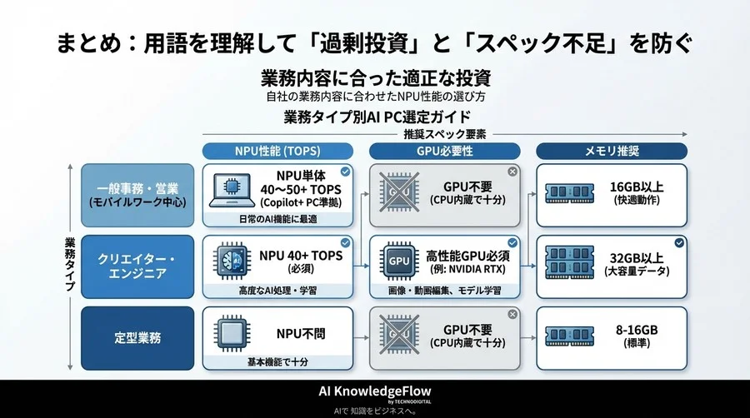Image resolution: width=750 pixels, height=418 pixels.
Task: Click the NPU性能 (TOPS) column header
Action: pyautogui.click(x=276, y=151)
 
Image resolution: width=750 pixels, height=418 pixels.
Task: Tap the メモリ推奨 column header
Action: pyautogui.click(x=611, y=151)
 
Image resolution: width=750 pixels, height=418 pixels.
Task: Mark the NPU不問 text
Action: pyautogui.click(x=301, y=333)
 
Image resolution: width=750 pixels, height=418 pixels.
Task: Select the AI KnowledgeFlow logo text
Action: pyautogui.click(x=374, y=391)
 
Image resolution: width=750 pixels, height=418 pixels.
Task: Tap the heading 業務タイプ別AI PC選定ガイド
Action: pyautogui.click(x=377, y=116)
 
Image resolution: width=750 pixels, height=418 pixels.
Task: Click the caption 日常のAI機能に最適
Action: pyautogui.click(x=276, y=219)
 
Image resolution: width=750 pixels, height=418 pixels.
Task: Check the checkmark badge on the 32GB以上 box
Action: pyautogui.click(x=680, y=242)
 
